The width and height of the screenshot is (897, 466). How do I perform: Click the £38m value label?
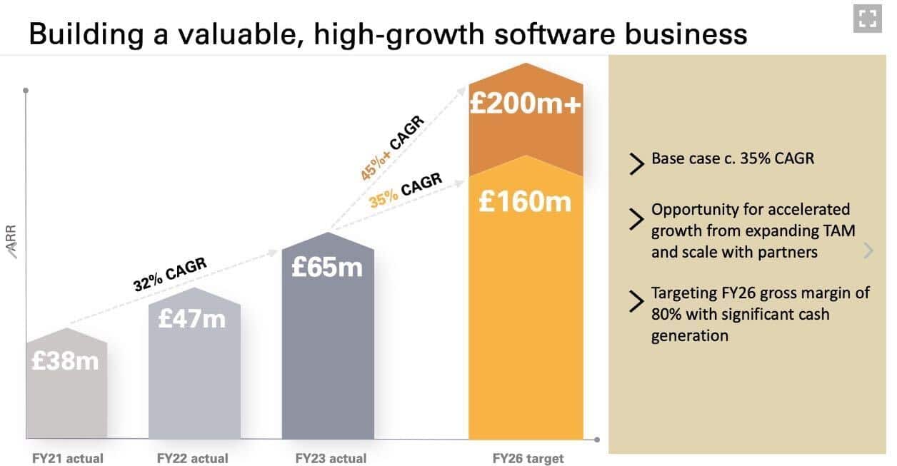65,361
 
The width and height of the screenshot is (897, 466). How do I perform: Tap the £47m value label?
191,318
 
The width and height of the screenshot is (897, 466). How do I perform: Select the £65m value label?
327,267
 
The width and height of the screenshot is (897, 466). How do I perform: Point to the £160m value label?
525,202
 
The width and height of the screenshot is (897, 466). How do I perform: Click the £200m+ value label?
525,104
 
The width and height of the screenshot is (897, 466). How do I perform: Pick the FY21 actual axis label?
68,458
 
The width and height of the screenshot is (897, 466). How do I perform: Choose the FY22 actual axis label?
193,458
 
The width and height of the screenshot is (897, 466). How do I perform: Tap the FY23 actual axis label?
331,458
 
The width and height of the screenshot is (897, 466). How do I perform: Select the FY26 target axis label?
528,458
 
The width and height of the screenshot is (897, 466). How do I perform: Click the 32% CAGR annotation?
170,274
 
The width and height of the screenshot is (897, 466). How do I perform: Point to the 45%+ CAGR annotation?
392,148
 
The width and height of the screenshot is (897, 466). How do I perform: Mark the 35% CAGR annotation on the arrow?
406,190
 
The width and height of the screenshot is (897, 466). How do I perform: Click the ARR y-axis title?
11,239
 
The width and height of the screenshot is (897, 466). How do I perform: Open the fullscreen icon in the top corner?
867,19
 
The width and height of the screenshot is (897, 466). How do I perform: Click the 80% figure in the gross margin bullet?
666,314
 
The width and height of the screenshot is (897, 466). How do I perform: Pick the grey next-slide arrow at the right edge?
868,250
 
